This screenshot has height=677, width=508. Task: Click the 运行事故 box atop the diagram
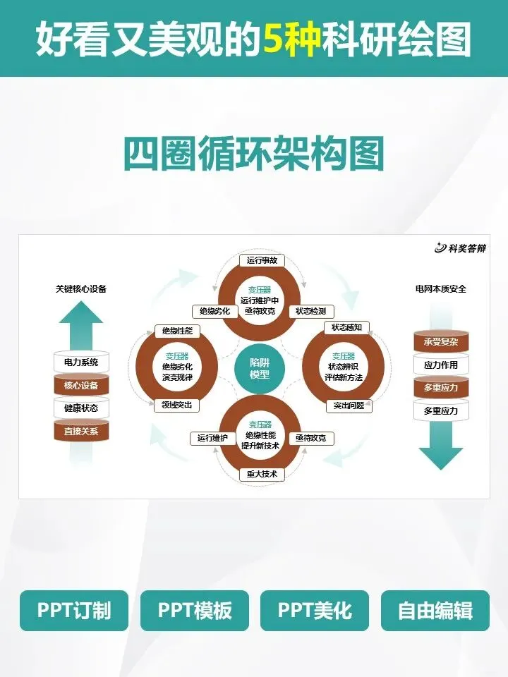pos(262,260)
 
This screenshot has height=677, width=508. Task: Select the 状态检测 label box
pos(311,311)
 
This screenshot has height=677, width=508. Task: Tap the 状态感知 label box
pos(346,327)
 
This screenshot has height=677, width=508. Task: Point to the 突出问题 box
pos(349,406)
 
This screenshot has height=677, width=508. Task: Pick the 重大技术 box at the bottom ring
pos(262,475)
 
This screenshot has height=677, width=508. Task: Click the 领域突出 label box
pos(176,405)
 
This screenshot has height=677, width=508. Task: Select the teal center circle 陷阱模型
pos(260,368)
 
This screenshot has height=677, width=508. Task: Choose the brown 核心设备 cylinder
pos(81,385)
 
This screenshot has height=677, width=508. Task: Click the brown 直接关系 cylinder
pos(81,430)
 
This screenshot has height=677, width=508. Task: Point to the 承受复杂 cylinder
pos(441,343)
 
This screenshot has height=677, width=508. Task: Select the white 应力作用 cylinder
pos(441,365)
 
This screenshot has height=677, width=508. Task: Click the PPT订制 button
pos(74,610)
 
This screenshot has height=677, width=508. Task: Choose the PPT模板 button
pos(194,610)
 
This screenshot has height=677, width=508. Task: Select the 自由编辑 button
pos(435,610)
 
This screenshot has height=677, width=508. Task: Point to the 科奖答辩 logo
pos(461,248)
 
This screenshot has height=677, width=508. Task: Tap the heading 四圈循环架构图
pos(254,153)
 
